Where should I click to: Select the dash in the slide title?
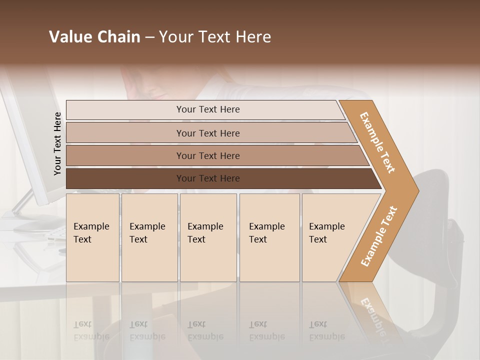149,37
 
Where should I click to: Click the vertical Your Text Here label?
57,143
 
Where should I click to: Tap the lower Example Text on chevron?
379,236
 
